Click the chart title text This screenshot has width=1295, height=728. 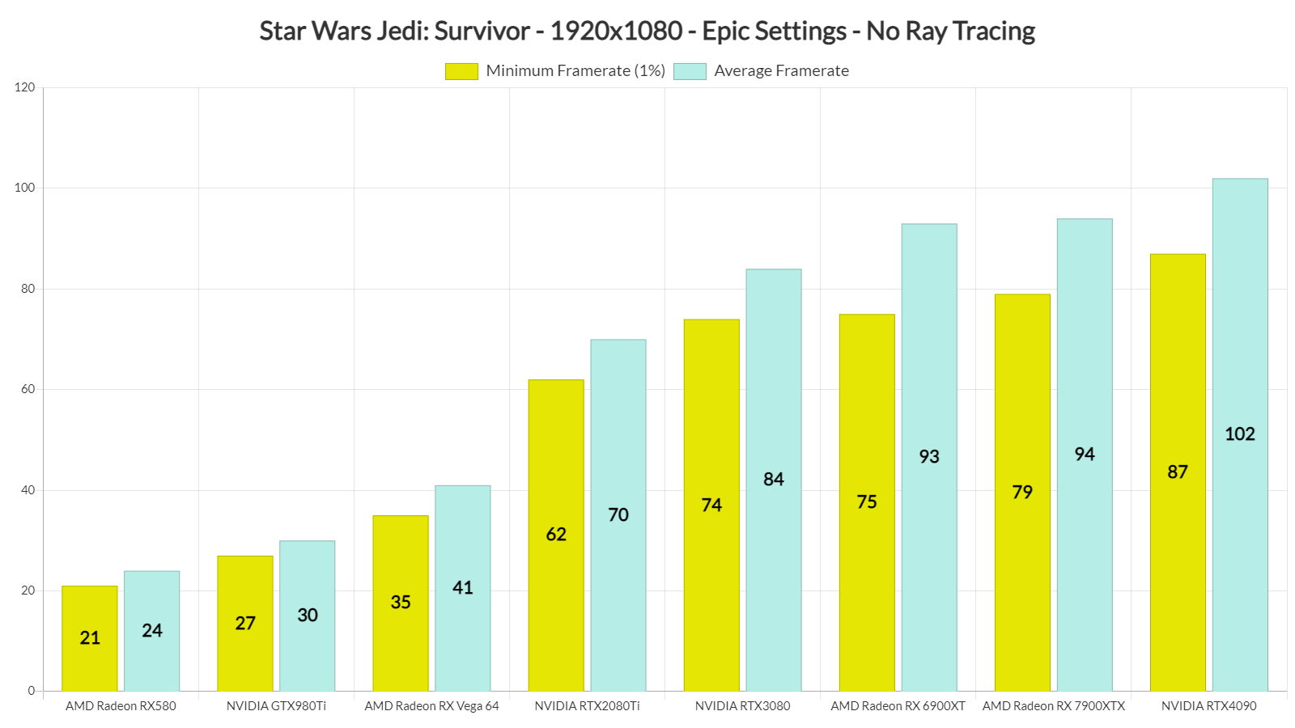tap(647, 31)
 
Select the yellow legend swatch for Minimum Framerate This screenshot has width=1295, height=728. tap(461, 71)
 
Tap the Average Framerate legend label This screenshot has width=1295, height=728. tap(782, 70)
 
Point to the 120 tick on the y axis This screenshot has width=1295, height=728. tap(24, 87)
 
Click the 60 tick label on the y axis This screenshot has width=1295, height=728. tap(28, 389)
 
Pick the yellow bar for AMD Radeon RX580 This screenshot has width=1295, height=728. tap(90, 638)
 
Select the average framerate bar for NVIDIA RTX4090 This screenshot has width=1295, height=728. tap(1240, 434)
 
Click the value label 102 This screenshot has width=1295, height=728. tap(1240, 434)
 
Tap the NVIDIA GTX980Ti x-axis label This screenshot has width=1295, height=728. tap(276, 706)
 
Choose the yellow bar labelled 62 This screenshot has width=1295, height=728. tap(556, 535)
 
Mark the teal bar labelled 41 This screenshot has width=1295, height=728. tap(462, 588)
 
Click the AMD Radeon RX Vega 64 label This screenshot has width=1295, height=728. tap(431, 706)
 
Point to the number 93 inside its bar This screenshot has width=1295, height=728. tap(929, 456)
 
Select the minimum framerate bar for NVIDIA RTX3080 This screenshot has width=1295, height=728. tap(711, 505)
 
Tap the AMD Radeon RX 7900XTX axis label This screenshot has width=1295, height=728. tap(1053, 706)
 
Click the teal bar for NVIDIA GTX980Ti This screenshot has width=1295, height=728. tap(307, 616)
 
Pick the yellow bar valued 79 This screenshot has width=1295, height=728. tap(1022, 493)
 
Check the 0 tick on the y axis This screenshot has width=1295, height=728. tap(32, 691)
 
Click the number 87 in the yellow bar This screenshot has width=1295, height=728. tap(1178, 472)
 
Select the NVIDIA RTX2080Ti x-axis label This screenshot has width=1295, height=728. tap(587, 706)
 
